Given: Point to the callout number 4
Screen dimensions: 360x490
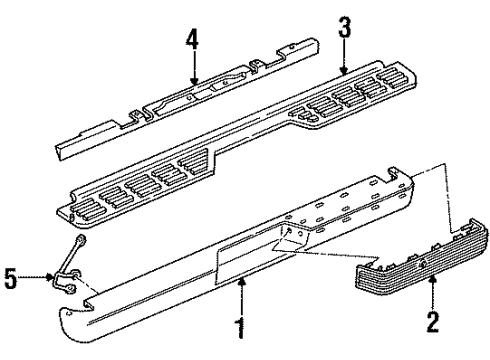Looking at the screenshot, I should tap(191, 41).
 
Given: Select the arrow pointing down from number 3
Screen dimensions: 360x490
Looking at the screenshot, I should tap(344, 62).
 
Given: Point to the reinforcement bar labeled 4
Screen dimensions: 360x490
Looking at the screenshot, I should tap(190, 95).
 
